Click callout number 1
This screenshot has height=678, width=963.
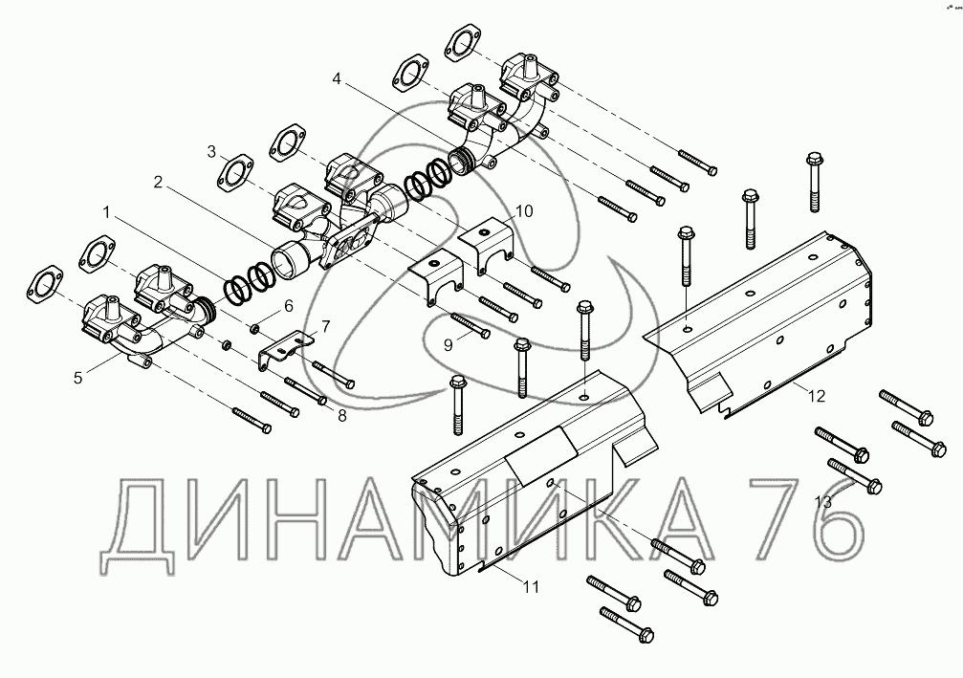pyautogui.click(x=107, y=210)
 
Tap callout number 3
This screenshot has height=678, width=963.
pyautogui.click(x=211, y=151)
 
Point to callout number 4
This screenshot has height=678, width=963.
pyautogui.click(x=336, y=81)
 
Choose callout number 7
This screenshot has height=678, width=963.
pyautogui.click(x=326, y=327)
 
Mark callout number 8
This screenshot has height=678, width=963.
pyautogui.click(x=341, y=415)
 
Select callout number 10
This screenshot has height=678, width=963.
pyautogui.click(x=525, y=209)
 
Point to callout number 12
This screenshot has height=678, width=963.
pyautogui.click(x=814, y=394)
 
